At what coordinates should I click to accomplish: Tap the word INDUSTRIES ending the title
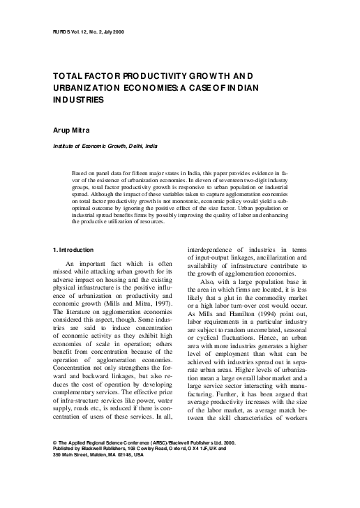pyautogui.click(x=78, y=100)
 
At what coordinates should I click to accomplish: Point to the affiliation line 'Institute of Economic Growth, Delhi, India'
pyautogui.click(x=105, y=147)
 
